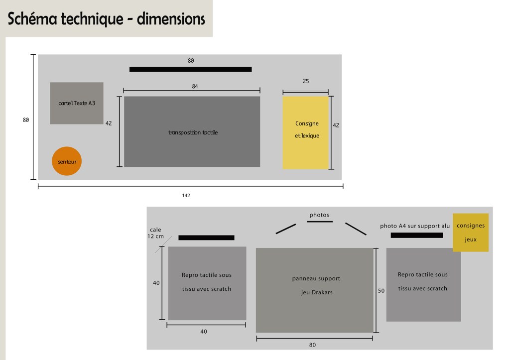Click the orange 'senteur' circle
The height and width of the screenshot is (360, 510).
click(66, 161)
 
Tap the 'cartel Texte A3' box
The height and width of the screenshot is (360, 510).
click(77, 103)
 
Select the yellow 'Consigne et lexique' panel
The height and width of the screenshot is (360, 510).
click(306, 132)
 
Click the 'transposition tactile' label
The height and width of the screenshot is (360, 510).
click(193, 132)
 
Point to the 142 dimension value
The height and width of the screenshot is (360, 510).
click(186, 195)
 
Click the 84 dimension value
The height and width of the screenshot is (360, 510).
click(195, 86)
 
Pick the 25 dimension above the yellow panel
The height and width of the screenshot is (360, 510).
click(306, 81)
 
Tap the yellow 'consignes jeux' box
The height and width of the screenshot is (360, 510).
click(471, 233)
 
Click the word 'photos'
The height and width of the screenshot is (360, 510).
click(319, 215)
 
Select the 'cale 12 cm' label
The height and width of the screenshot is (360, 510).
click(156, 233)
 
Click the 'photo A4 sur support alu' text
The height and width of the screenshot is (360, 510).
click(415, 226)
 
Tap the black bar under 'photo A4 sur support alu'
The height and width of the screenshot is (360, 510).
click(417, 235)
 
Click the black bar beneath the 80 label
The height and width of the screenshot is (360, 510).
click(190, 69)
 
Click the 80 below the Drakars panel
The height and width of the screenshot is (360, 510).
click(312, 345)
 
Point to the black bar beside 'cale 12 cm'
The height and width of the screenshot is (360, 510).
click(206, 238)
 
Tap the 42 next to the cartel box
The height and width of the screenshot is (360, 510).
click(109, 123)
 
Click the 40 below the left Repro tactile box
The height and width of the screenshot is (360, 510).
click(204, 331)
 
